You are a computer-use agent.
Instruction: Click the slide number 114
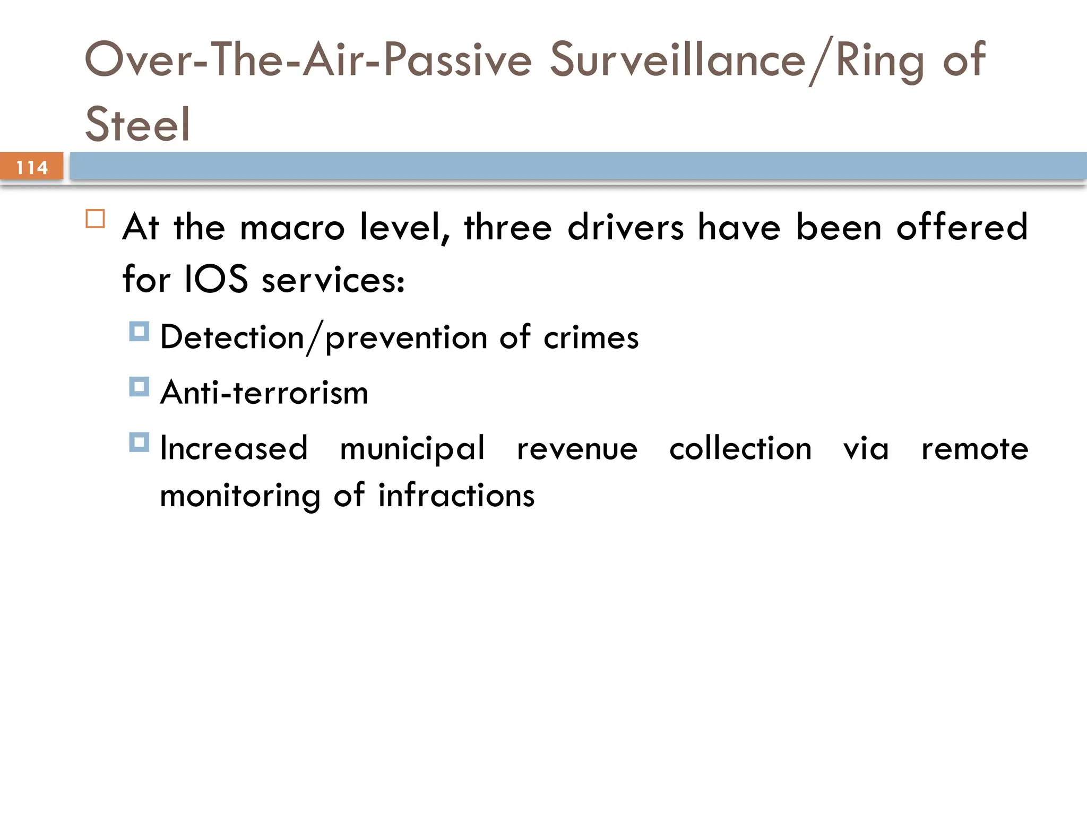[x=32, y=168]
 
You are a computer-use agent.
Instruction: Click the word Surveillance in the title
[x=677, y=60]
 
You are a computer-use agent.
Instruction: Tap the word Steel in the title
[x=137, y=124]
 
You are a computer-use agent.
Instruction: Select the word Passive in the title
[x=458, y=60]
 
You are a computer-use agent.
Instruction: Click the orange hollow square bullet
[x=96, y=219]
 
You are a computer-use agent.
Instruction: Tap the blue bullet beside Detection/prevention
[x=139, y=332]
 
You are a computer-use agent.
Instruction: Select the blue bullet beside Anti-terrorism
[x=139, y=387]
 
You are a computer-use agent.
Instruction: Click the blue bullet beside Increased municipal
[x=139, y=442]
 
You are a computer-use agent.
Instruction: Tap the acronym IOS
[x=216, y=280]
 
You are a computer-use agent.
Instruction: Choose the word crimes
[x=591, y=338]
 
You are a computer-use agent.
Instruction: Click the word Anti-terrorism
[x=264, y=393]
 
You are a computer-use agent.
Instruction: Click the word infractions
[x=456, y=496]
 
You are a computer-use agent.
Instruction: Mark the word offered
[x=962, y=227]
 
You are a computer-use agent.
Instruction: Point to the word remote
[x=974, y=449]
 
